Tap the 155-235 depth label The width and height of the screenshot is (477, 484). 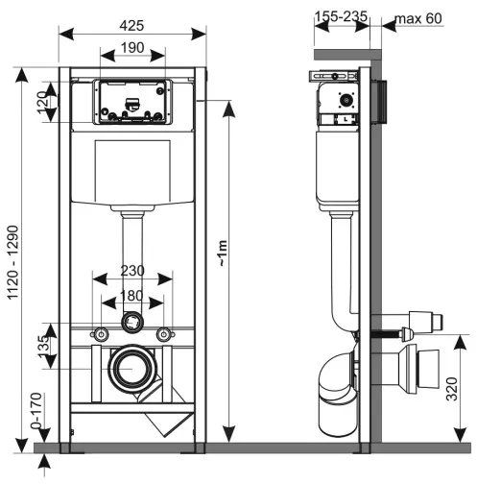click(x=343, y=15)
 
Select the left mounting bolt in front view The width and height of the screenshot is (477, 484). click(x=99, y=334)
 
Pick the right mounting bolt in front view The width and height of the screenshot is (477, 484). click(x=164, y=334)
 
